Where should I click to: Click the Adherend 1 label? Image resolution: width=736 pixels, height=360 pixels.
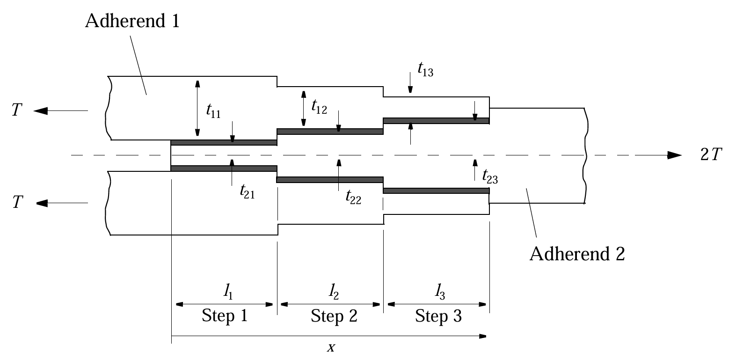(x=132, y=22)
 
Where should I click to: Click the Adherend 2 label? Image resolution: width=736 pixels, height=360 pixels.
(x=577, y=254)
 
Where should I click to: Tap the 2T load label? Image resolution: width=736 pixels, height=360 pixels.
(x=711, y=156)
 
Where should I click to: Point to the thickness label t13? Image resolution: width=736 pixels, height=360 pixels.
(x=425, y=71)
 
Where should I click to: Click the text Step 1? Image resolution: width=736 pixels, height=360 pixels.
(x=224, y=316)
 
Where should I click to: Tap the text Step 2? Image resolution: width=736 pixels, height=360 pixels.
(x=334, y=316)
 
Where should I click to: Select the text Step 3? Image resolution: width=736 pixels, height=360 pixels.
(x=438, y=316)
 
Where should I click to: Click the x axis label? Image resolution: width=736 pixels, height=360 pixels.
(x=331, y=347)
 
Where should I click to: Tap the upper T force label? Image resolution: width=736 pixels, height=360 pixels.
(x=17, y=111)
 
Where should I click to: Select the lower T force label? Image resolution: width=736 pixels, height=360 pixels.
(x=17, y=203)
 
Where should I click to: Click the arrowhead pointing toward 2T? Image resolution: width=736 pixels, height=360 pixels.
(x=674, y=155)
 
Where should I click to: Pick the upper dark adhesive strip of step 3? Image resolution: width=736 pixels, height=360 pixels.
(x=436, y=121)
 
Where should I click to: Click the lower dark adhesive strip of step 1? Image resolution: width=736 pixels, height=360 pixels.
(x=224, y=168)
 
